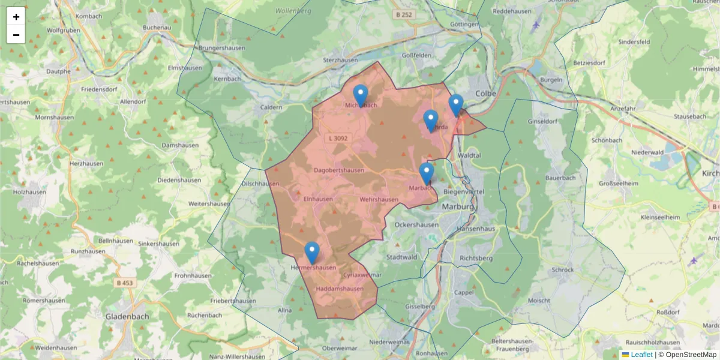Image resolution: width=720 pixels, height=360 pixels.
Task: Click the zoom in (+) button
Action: tap(16, 17)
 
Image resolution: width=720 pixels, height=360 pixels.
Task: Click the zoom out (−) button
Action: tap(16, 35)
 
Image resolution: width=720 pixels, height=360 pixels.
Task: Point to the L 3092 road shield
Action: tap(337, 139)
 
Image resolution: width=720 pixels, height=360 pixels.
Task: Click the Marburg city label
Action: tap(458, 206)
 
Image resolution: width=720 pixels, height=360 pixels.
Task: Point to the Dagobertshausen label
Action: tap(339, 170)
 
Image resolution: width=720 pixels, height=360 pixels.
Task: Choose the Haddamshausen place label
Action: tap(339, 289)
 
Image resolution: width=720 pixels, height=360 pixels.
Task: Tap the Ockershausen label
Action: tap(415, 224)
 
